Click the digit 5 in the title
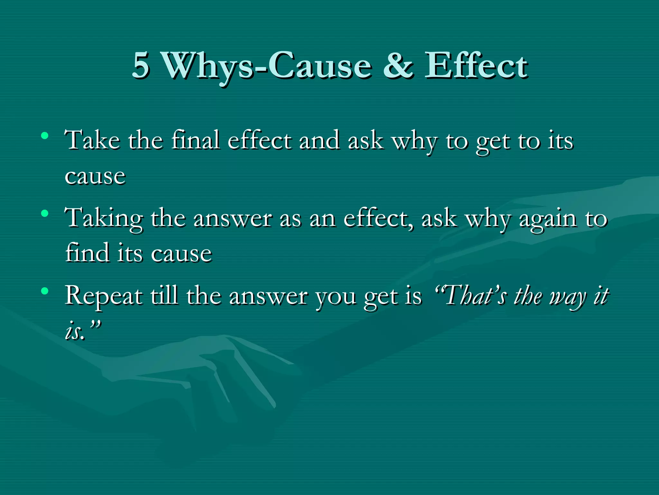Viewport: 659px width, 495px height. tap(141, 65)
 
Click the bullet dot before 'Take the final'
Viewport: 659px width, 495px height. tap(45, 136)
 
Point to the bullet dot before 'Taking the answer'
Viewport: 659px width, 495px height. tap(45, 213)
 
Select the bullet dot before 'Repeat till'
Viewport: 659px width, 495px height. tap(45, 291)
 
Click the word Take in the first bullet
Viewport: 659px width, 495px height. tap(92, 140)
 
